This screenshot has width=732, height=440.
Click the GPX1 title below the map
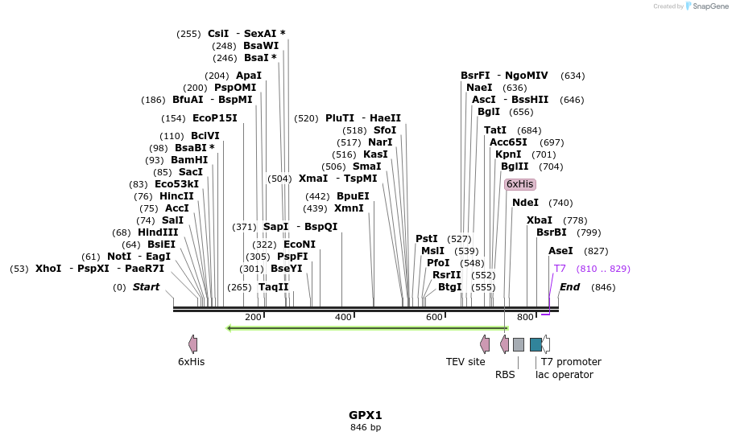pos(365,415)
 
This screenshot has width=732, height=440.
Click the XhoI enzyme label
pos(48,269)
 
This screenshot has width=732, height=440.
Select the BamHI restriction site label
pos(189,160)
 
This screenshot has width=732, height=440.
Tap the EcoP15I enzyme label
pos(215,118)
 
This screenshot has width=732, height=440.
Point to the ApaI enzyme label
pos(249,76)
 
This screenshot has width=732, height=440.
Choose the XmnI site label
pos(349,208)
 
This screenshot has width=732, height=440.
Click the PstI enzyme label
pos(427,239)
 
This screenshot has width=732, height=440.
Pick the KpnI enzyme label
pos(508,154)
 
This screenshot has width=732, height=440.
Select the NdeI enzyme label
pos(525,203)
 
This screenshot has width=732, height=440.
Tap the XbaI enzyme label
pos(540,220)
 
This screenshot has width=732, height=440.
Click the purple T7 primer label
pos(560,269)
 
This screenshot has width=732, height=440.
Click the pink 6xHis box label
pos(519,184)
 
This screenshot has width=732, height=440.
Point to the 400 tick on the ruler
pos(344,318)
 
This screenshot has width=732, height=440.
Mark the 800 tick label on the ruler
pos(525,318)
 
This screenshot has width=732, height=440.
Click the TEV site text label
pos(465,362)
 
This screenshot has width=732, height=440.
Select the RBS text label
pos(505,374)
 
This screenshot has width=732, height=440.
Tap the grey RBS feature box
pos(519,344)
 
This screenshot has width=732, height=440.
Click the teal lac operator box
pos(536,344)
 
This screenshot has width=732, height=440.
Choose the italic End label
pos(569,287)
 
